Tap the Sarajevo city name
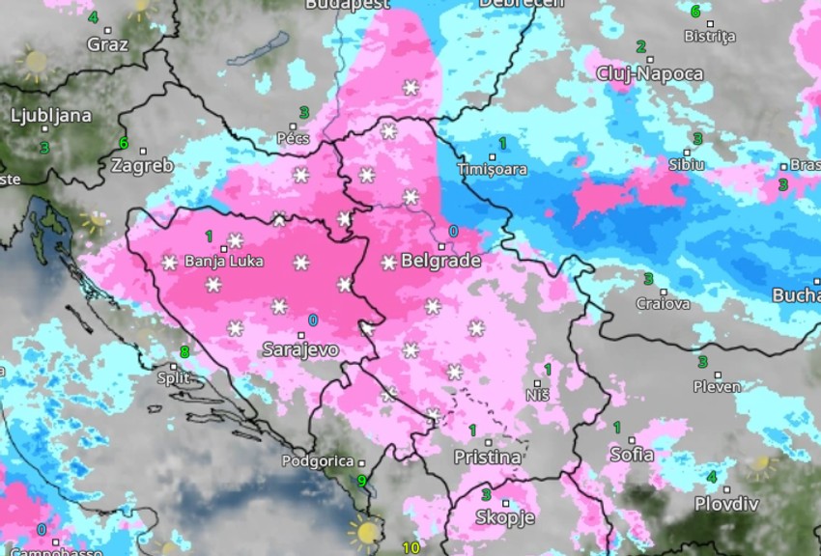tap(300, 349)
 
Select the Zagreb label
tap(142, 165)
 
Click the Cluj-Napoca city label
tap(650, 74)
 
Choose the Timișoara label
tap(492, 170)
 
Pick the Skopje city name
tap(505, 518)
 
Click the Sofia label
tap(632, 454)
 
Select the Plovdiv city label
tap(726, 504)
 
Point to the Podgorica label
tap(318, 461)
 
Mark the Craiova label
tap(664, 304)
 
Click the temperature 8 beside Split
tap(184, 351)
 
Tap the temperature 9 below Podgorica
tap(362, 481)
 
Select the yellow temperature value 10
tap(410, 548)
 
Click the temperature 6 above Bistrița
tap(695, 11)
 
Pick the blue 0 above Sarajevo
tap(312, 320)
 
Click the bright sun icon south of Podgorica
tap(366, 531)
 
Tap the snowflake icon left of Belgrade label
tap(389, 262)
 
